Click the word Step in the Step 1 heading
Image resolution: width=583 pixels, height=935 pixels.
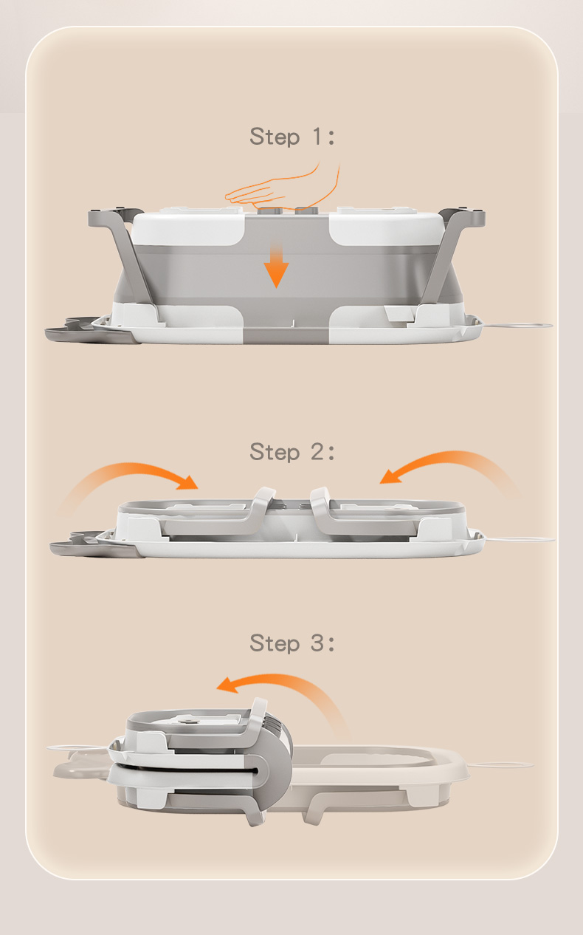click(x=275, y=137)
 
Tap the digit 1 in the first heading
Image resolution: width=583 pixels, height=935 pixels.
click(x=317, y=136)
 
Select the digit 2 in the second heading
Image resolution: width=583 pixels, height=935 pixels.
click(x=317, y=451)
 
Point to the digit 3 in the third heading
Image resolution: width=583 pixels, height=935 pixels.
click(x=317, y=643)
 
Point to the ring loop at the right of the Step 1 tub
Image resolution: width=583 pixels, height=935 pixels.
click(x=520, y=325)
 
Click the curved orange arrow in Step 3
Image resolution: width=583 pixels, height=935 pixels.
click(x=283, y=682)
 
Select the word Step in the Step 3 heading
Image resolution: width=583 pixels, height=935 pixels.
click(x=275, y=643)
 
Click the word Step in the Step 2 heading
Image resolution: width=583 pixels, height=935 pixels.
click(x=275, y=452)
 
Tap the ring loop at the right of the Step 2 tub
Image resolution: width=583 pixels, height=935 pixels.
click(x=520, y=539)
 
